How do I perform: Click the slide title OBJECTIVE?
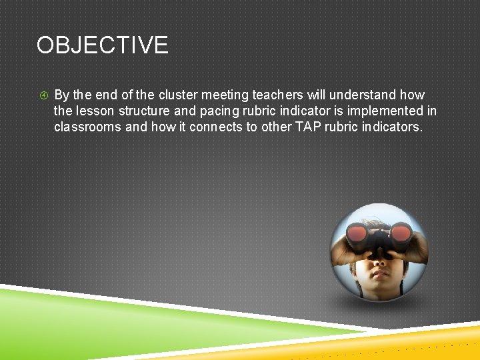(x=102, y=45)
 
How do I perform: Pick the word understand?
(x=364, y=95)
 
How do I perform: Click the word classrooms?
(x=87, y=127)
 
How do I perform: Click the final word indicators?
(x=392, y=127)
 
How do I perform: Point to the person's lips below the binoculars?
(x=378, y=274)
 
